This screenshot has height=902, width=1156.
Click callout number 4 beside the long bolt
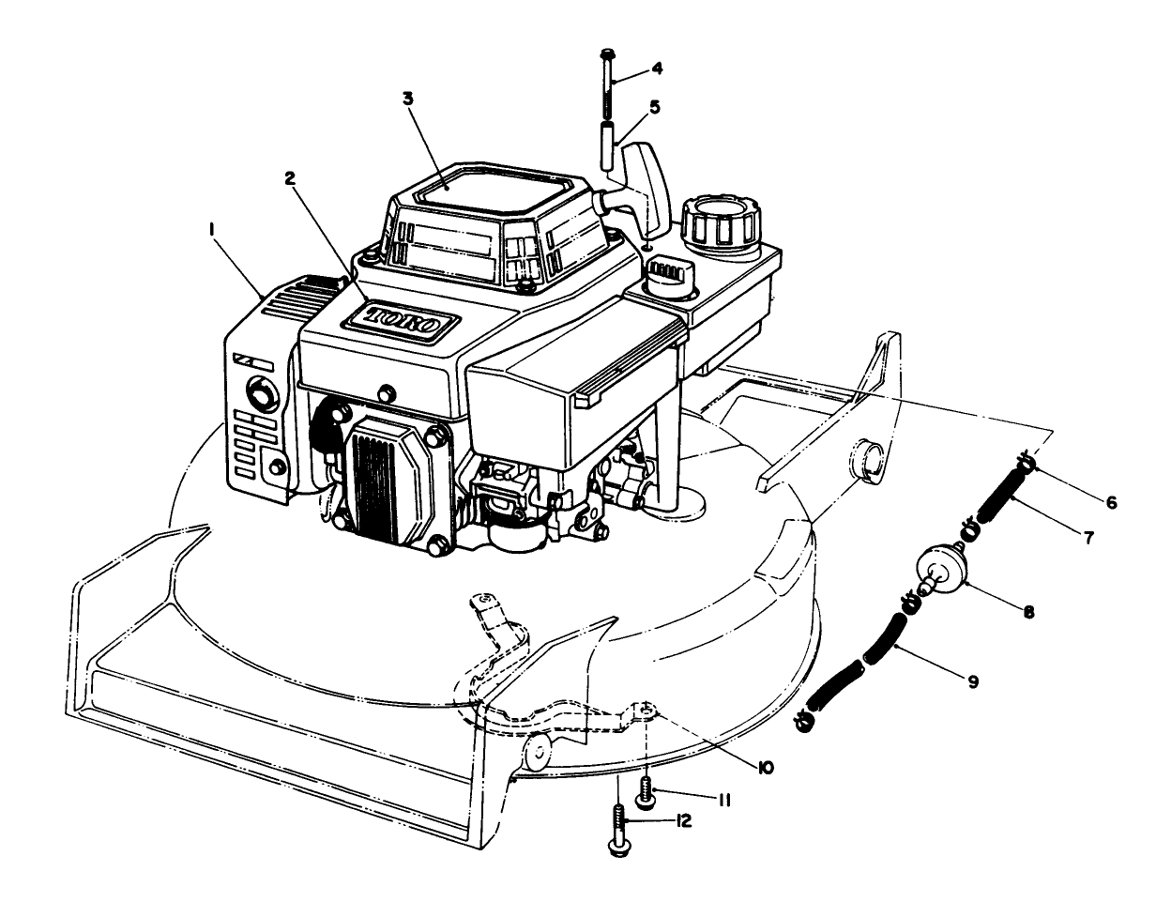[656, 69]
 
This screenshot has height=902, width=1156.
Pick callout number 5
[653, 107]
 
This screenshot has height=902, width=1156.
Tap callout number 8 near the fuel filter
[1029, 610]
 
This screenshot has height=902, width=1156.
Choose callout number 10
[765, 767]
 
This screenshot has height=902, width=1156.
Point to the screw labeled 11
[646, 790]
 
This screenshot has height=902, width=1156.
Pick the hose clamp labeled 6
[1027, 464]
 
